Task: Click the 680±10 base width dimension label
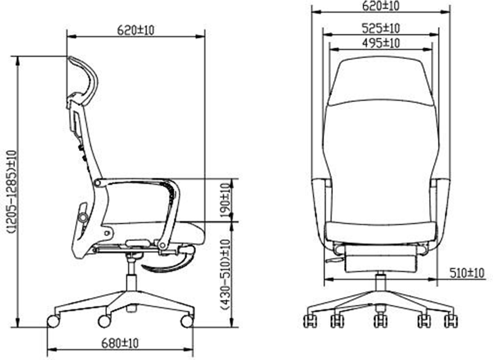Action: pos(119,343)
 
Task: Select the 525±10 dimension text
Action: pos(381,28)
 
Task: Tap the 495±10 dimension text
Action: pos(381,43)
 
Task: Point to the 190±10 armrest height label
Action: pos(225,200)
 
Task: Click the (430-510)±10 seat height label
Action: pos(225,275)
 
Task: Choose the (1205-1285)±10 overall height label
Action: pos(11,192)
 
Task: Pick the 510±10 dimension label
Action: pos(467,273)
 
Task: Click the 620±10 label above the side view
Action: pos(136,30)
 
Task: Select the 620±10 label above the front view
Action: pos(381,6)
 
